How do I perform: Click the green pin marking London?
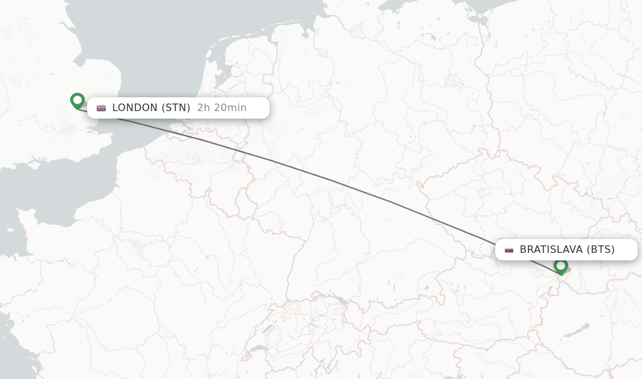tap(77, 100)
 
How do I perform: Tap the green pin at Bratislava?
tap(560, 266)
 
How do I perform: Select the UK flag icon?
tap(101, 108)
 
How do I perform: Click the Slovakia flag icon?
tap(509, 250)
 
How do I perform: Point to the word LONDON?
tap(135, 108)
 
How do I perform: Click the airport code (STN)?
tap(176, 108)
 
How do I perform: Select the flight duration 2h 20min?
tap(222, 108)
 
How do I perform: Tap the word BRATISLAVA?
tap(551, 250)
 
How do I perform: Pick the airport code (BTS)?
tap(601, 250)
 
